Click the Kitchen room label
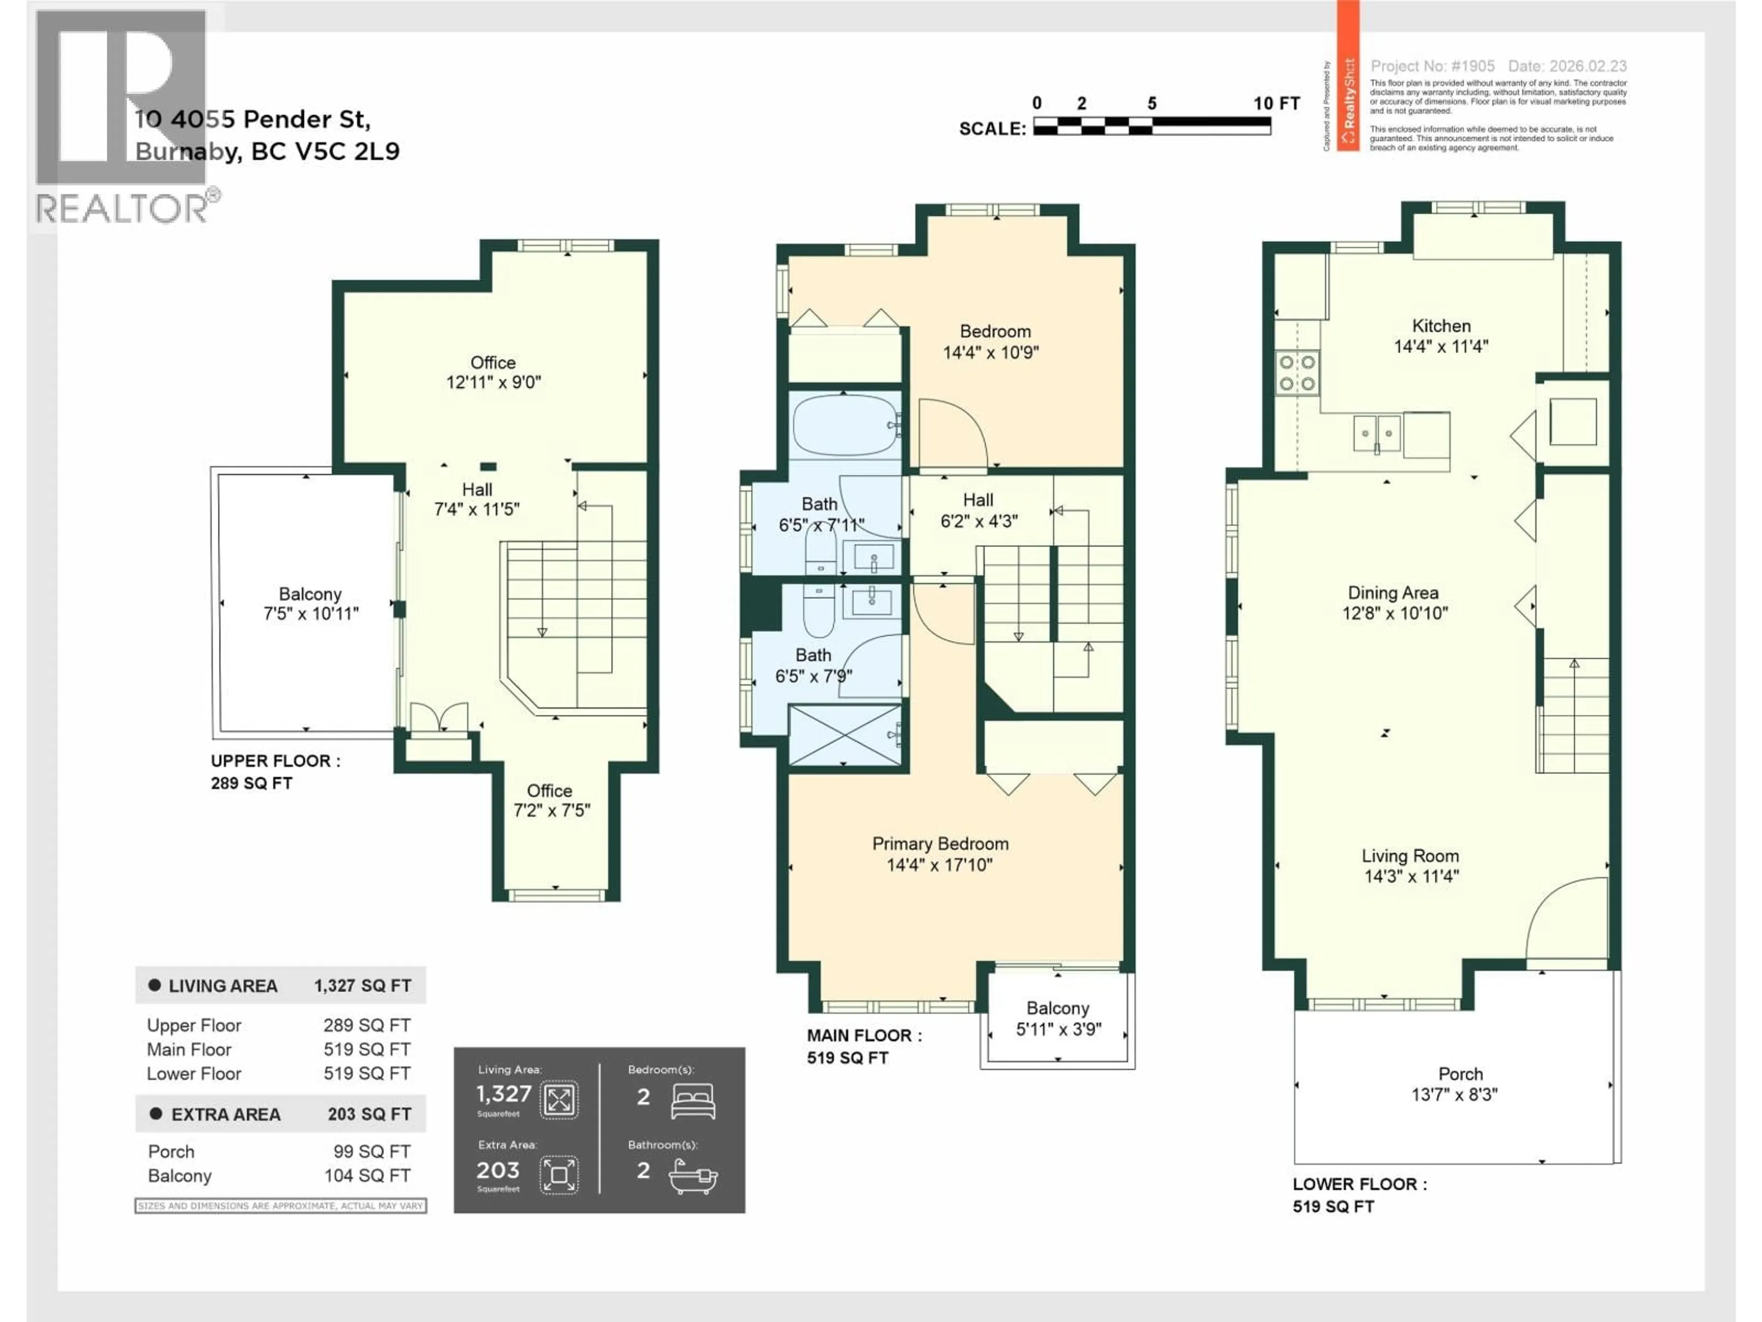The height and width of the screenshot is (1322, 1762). tap(1441, 326)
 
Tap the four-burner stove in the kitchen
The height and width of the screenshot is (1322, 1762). tap(1297, 373)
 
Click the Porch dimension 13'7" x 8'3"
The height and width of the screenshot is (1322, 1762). tap(1455, 1095)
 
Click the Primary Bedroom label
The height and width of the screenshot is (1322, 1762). tap(940, 844)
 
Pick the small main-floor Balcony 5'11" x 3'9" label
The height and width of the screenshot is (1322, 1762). tap(1058, 1009)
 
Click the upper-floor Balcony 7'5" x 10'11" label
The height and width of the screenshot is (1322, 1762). tap(310, 594)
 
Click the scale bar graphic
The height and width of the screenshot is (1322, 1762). tap(1152, 126)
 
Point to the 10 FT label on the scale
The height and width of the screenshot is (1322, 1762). tap(1276, 104)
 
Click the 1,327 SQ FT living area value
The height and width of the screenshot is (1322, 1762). tap(362, 986)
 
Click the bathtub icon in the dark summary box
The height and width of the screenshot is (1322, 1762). tap(693, 1176)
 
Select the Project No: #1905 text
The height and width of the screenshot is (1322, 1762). tap(1432, 66)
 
